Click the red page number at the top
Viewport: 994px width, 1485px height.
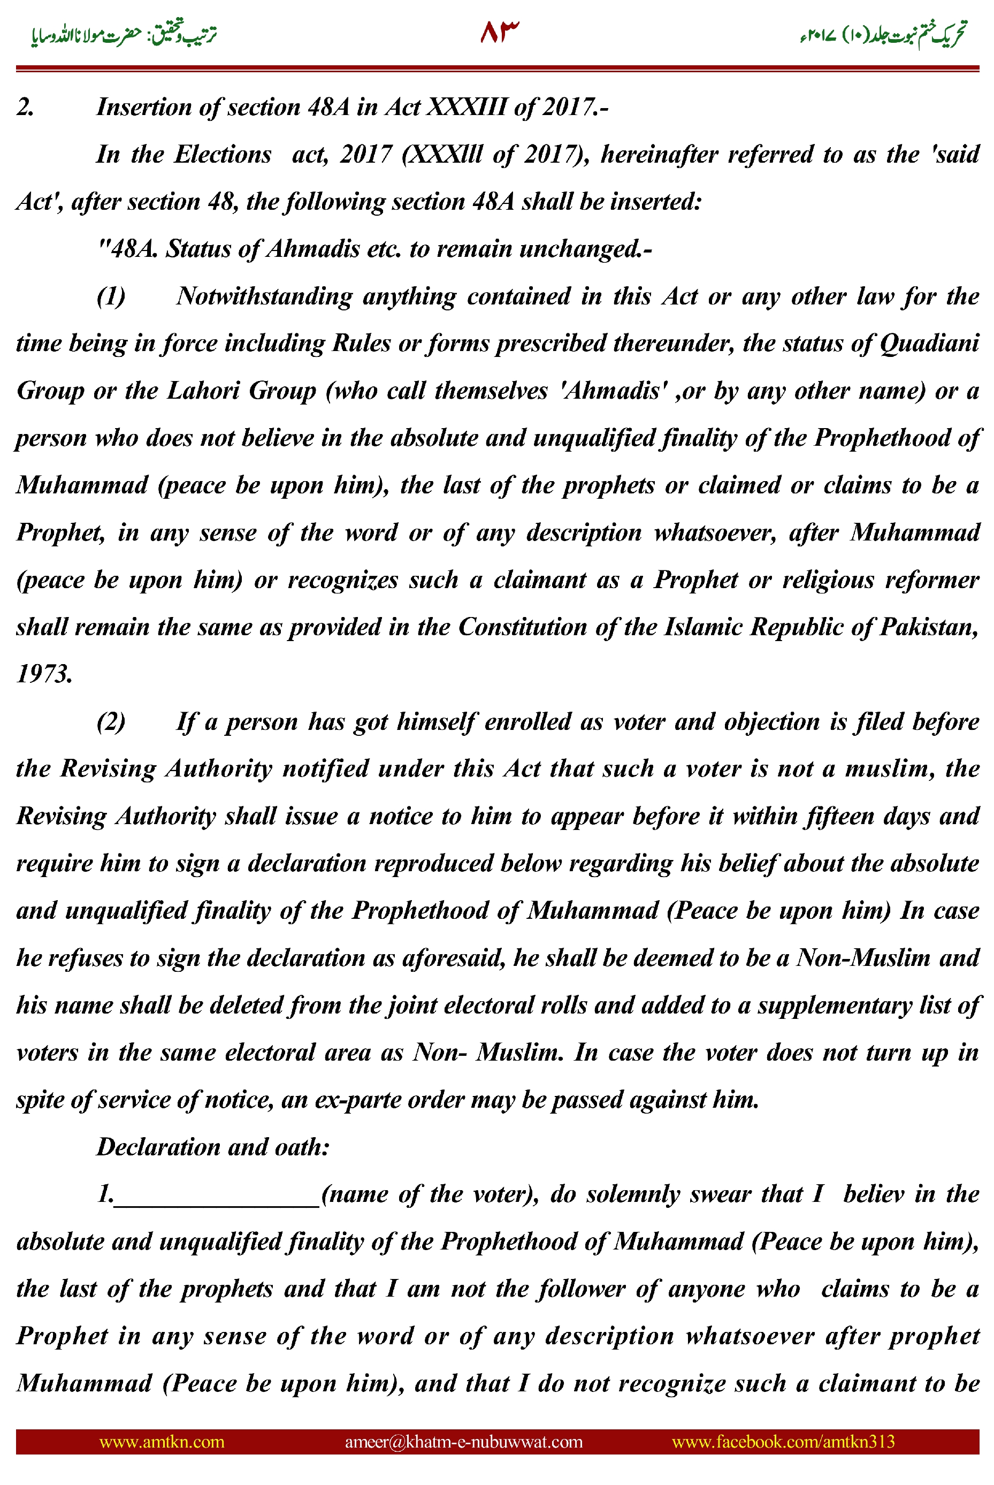click(x=499, y=32)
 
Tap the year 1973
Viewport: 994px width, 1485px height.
click(x=44, y=674)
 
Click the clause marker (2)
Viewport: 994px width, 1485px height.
click(x=111, y=721)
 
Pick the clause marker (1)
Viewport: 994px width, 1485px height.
click(x=111, y=296)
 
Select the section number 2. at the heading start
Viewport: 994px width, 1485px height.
click(x=25, y=107)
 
